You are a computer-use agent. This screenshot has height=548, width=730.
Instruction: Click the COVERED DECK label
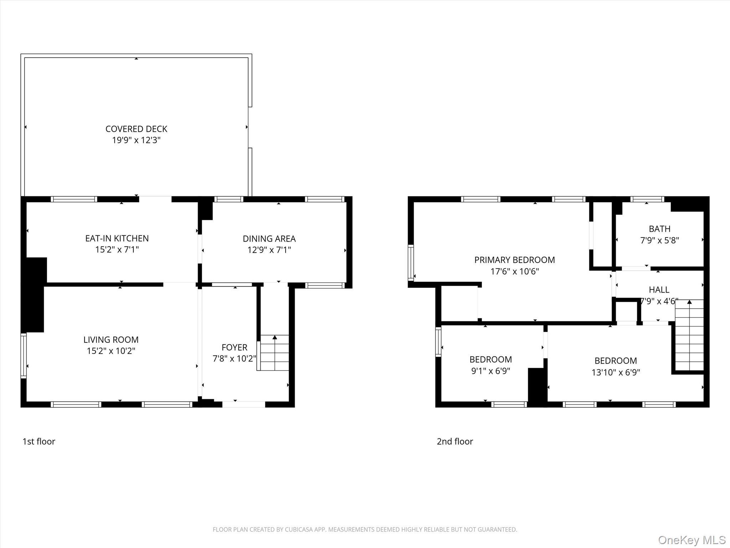[136, 129]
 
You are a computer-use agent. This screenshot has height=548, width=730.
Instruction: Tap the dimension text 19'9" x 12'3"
[136, 140]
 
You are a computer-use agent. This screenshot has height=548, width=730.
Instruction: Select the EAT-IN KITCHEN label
[117, 238]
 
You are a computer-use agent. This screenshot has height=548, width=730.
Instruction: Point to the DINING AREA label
[269, 239]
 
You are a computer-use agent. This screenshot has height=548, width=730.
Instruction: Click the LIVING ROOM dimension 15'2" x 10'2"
[111, 351]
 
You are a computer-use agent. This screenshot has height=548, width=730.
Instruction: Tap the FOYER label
[234, 347]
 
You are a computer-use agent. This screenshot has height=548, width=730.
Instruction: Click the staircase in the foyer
[274, 352]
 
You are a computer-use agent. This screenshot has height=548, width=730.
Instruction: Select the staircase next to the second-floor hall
[689, 335]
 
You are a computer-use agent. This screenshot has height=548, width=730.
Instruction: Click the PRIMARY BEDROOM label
[514, 260]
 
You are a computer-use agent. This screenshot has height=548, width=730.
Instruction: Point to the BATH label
[659, 229]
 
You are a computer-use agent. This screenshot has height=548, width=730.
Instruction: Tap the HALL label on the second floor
[659, 290]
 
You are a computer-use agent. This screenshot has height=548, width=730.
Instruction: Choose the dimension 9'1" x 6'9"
[490, 371]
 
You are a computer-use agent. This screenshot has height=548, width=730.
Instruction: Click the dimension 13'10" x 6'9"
[616, 372]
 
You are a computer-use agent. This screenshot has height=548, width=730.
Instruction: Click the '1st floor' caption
[39, 441]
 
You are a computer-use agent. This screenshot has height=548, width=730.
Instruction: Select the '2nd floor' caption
[455, 441]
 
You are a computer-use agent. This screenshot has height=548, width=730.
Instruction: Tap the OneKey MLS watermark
[692, 540]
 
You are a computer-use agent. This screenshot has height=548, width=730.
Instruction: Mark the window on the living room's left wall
[24, 356]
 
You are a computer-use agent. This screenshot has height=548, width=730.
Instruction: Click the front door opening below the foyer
[244, 404]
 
